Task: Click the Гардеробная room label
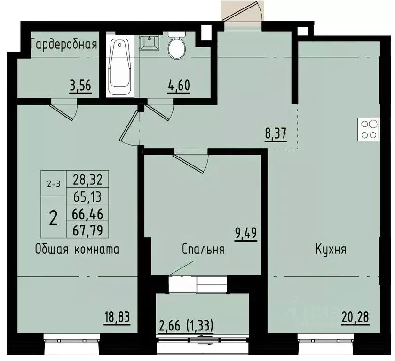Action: (64, 45)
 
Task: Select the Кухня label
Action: (331, 249)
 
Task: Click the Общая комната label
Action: (77, 249)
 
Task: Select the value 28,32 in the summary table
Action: (88, 179)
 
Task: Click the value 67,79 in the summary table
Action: (88, 230)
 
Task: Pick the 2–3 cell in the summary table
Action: (54, 183)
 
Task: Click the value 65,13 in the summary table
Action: (88, 196)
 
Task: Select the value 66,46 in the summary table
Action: (88, 214)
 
